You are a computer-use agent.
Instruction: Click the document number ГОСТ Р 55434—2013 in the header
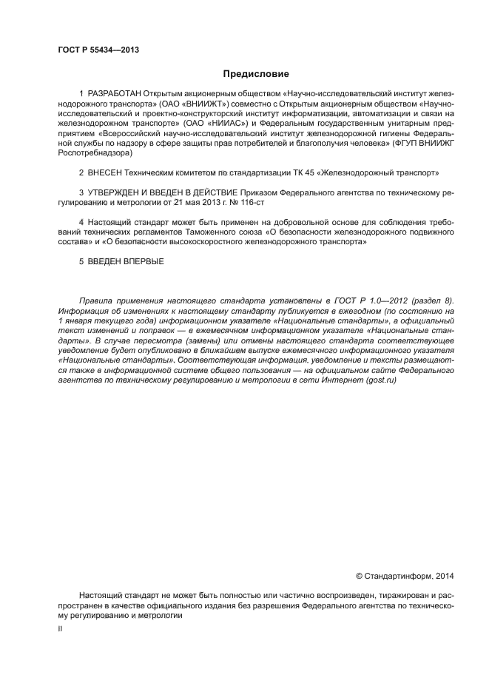[98, 50]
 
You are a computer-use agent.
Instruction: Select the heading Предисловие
[256, 74]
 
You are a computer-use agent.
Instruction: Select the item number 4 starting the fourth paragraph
[81, 222]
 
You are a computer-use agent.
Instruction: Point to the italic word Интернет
[344, 378]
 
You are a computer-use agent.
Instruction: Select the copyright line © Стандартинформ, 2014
[405, 574]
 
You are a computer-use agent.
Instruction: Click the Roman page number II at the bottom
[60, 628]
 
